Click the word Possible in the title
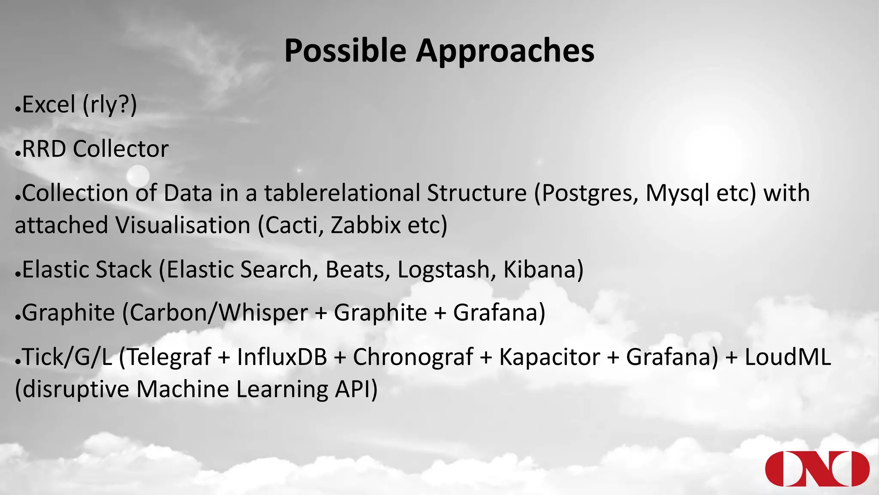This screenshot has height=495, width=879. pos(345,51)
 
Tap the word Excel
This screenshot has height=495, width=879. pos(48,104)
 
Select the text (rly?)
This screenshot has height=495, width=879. pos(109,104)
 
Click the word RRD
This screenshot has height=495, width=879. pos(44,149)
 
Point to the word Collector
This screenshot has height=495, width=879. pos(121,149)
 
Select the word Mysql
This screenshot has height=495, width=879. pos(677,193)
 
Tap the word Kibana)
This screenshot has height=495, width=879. pos(543,270)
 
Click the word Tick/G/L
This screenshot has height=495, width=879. pos(67,357)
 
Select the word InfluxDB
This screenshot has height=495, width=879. pos(282,357)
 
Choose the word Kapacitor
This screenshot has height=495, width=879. pos(549,357)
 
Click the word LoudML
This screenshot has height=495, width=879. pos(788,357)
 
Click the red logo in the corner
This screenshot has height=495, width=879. pos(817,469)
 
